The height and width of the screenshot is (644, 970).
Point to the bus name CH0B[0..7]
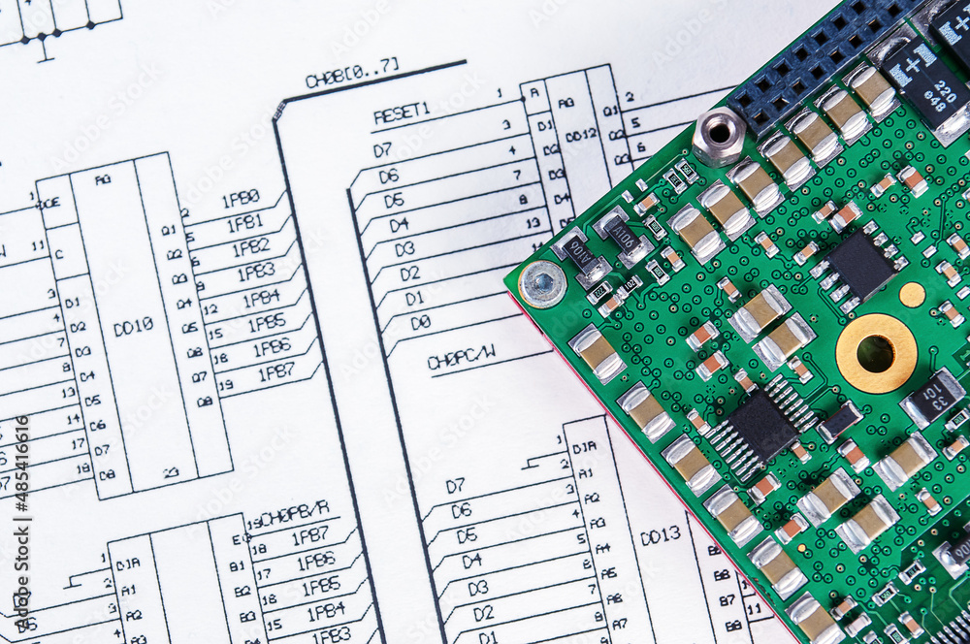[x=351, y=74]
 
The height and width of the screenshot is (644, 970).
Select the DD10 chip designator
[x=133, y=327]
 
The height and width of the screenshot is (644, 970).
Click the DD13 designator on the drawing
[x=660, y=534]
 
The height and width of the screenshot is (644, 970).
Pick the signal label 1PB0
[x=241, y=199]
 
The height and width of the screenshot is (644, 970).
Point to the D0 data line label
[x=419, y=322]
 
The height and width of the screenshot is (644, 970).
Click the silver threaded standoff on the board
[x=719, y=133]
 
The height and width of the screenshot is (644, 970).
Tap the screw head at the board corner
[x=542, y=283]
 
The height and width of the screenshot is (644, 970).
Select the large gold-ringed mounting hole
[x=876, y=353]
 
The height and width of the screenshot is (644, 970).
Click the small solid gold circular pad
[x=912, y=295]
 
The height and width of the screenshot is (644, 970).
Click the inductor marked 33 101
[x=933, y=397]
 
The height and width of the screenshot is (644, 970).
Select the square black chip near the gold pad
[x=859, y=265]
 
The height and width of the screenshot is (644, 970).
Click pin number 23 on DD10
[x=171, y=472]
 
